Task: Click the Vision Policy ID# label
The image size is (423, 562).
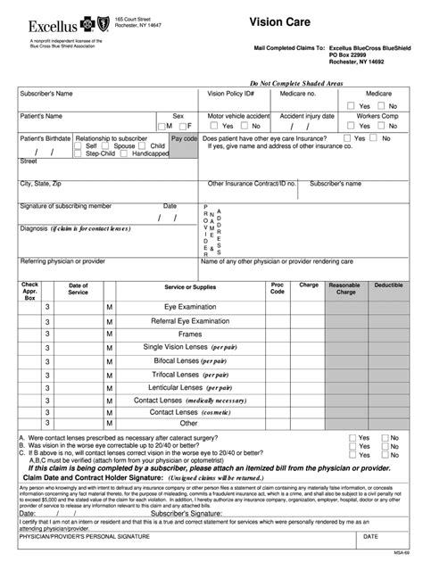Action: tap(231, 93)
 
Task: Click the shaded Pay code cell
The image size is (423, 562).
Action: tap(185, 147)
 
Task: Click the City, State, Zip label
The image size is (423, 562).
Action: tap(41, 184)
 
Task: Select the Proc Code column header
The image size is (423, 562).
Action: tap(278, 288)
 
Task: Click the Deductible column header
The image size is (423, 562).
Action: tap(388, 285)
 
